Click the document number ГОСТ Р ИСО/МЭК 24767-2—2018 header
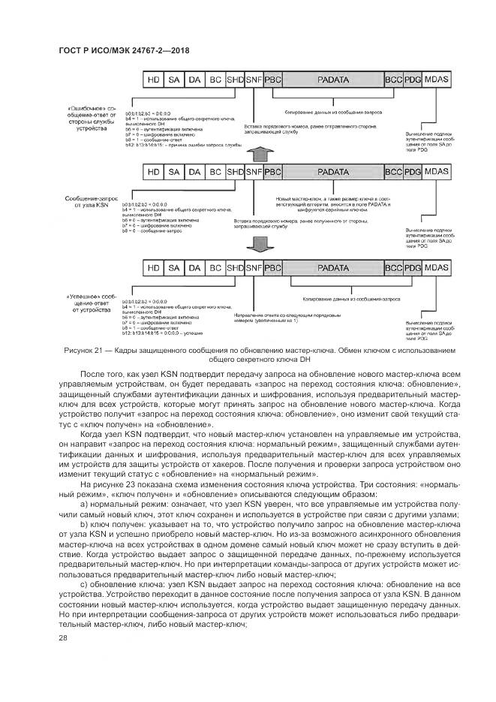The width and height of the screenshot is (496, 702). [122, 51]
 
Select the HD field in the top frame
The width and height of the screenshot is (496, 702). [153, 78]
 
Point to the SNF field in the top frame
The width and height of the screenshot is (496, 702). [254, 78]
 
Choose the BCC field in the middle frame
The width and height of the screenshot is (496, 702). [393, 172]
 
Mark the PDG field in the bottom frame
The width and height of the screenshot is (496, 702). [413, 267]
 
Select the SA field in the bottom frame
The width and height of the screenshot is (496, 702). [174, 267]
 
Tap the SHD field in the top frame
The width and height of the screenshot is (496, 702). [235, 78]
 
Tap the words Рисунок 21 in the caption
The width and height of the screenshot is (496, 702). [83, 350]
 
